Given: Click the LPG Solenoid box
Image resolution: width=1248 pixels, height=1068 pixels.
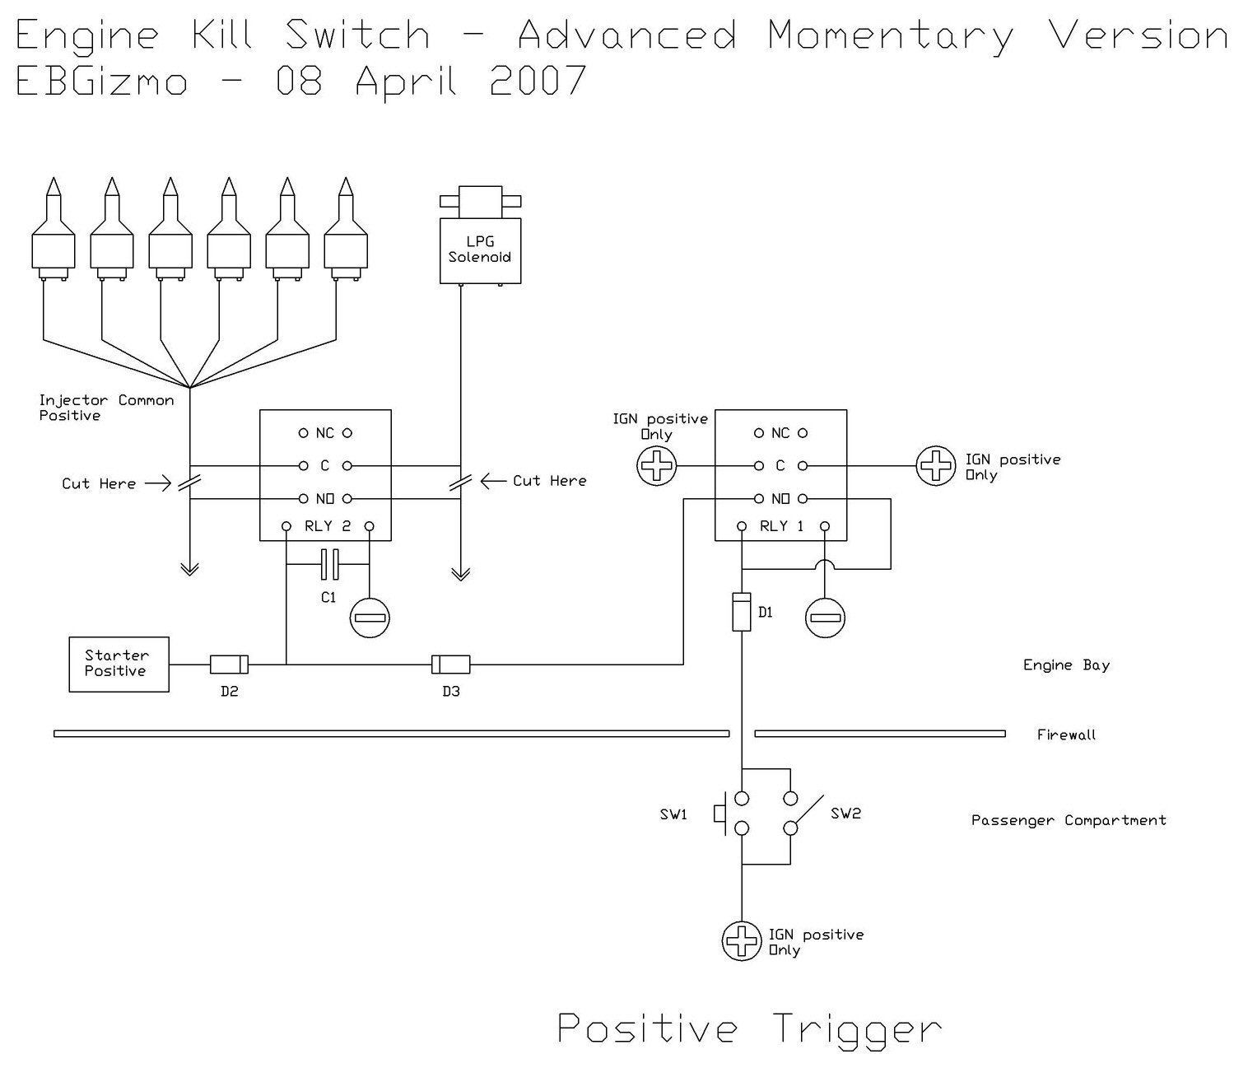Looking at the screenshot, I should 480,250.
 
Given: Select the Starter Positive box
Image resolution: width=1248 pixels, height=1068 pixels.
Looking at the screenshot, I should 119,664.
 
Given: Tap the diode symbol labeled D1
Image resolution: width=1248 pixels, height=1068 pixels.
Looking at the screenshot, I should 741,612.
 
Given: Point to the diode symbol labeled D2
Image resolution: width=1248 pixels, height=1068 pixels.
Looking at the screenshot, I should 229,664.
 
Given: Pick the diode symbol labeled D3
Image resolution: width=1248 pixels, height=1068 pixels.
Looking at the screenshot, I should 451,664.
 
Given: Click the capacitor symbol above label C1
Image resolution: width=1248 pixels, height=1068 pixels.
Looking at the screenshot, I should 328,564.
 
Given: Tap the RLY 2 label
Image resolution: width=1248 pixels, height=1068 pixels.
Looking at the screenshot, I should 328,526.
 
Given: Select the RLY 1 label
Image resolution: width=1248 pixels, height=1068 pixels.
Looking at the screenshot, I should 782,526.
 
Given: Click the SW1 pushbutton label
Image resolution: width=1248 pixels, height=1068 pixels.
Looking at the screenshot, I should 673,814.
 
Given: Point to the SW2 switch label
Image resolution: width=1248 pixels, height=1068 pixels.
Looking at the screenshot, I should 845,814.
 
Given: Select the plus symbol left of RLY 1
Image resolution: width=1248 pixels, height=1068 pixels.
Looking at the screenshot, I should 657,466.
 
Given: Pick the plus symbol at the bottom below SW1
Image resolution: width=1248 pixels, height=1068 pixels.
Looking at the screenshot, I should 742,940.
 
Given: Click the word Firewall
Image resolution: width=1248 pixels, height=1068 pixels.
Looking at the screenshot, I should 1066,735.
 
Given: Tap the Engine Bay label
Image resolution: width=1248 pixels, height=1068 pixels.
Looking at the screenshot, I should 1066,665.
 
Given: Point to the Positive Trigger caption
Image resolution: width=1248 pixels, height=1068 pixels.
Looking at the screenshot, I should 749,1029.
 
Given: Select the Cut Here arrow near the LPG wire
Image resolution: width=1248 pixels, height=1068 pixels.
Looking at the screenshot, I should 494,481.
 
